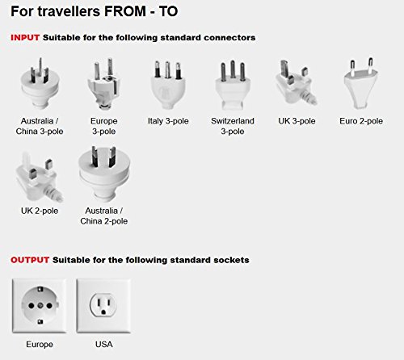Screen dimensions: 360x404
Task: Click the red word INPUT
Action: (24, 38)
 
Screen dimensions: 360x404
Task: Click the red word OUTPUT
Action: (29, 260)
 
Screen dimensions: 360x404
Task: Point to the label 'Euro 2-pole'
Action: (361, 121)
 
